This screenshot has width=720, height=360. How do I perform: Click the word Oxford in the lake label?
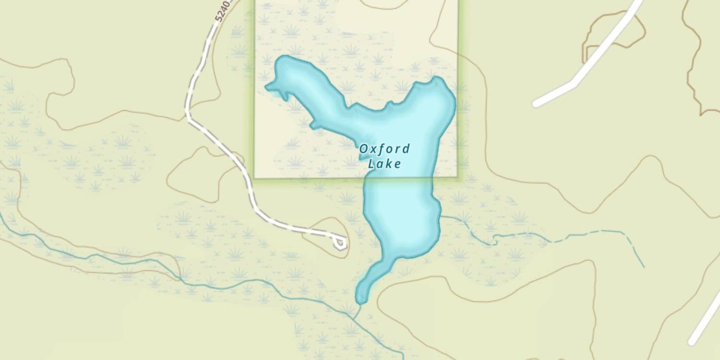384,149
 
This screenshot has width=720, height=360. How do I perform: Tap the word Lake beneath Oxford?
384,164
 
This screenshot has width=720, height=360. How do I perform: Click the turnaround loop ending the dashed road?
340,242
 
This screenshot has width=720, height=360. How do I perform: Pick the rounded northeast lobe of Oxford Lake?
439,94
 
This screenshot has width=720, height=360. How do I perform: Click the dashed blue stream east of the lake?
600,233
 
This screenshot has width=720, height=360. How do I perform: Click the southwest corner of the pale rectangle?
254,178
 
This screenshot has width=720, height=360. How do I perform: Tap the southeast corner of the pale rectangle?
457,177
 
